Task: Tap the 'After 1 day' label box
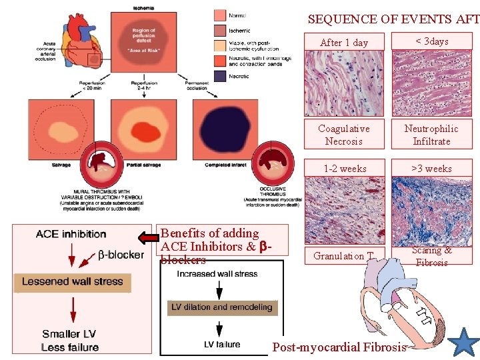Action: (344, 42)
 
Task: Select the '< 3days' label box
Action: (432, 41)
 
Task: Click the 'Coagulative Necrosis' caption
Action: (344, 135)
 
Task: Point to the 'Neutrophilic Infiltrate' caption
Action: (432, 135)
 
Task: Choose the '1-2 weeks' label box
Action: (344, 168)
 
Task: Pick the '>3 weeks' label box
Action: (432, 168)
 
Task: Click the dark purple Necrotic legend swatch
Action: (221, 76)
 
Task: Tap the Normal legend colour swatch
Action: (221, 15)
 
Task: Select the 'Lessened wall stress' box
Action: (73, 282)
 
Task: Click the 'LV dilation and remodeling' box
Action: (222, 307)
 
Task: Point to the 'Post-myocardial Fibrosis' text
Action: (339, 347)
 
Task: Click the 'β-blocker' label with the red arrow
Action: (120, 255)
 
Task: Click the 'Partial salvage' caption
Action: (143, 164)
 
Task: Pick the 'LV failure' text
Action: (222, 345)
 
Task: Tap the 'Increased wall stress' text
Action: (217, 274)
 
